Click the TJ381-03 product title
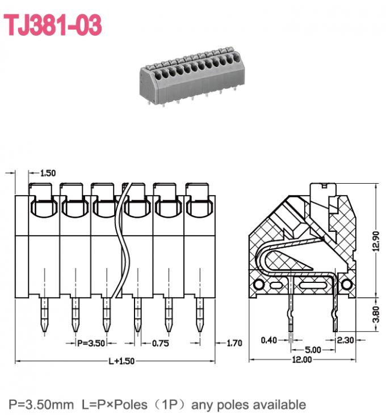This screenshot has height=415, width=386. click(53, 25)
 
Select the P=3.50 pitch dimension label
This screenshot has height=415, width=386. click(91, 343)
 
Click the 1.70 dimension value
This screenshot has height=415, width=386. click(234, 343)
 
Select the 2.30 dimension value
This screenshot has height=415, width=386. click(346, 340)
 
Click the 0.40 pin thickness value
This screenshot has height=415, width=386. click(268, 340)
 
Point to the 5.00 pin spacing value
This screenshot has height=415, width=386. click(312, 350)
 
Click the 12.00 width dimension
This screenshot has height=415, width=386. click(301, 359)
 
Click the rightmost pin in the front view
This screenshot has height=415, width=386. click(199, 315)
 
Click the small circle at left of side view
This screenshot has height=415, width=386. click(259, 283)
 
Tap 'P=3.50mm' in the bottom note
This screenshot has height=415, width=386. click(41, 405)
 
